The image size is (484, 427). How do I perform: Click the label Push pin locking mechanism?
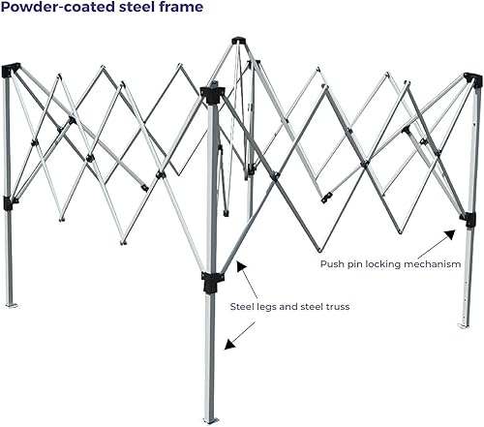(x=390, y=262)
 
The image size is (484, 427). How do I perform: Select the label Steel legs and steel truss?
(x=289, y=306)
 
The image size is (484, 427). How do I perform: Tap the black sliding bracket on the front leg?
(x=212, y=282)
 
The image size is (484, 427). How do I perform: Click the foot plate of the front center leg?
(x=210, y=419)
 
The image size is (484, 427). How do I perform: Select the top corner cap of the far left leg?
(x=11, y=70)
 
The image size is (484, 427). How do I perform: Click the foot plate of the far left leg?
(x=12, y=304)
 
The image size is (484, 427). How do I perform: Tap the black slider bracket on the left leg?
(x=10, y=202)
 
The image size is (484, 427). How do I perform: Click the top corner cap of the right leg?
(x=472, y=79)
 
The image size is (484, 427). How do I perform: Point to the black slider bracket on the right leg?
(x=469, y=219)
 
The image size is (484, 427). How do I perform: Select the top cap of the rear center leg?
(x=238, y=41)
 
